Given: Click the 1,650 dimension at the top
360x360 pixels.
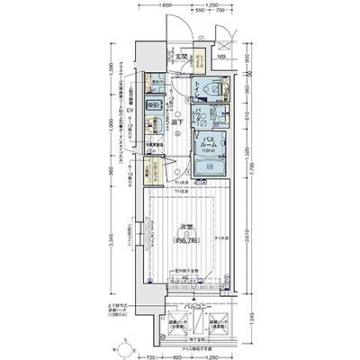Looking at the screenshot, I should (166, 6).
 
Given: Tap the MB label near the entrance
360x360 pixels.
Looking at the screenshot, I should (219, 59).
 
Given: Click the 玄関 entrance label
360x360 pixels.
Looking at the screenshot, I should (181, 58).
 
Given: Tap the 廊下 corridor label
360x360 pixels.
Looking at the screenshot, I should (180, 122).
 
